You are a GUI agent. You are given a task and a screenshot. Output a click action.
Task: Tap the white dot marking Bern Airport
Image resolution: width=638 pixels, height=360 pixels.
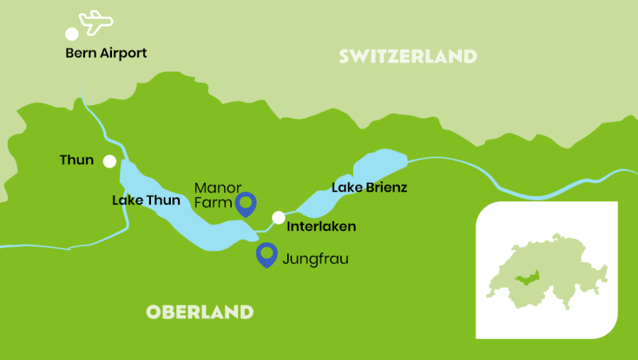coord(72,34)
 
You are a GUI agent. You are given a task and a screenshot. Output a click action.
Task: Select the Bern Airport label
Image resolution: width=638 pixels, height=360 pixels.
coord(106,53)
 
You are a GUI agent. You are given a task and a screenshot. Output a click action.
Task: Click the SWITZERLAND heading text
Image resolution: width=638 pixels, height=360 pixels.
coord(408,56)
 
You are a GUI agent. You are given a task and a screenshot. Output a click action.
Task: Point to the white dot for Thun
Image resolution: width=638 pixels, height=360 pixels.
coord(109,162)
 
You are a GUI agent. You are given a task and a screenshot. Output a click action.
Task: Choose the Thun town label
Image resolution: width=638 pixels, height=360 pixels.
coord(77,160)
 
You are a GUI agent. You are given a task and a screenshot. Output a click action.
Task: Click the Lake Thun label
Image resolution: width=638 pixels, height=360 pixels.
coord(146,201)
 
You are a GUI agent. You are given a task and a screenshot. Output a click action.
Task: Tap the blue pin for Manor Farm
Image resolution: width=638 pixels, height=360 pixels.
coord(245,203)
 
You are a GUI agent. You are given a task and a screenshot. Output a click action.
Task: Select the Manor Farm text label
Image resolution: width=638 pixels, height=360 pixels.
coord(215,196)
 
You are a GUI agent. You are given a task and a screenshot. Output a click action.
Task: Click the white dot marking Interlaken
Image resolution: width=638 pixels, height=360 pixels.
coord(279,217)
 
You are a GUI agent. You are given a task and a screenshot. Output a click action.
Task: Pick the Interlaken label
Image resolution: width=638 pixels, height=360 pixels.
coord(321,227)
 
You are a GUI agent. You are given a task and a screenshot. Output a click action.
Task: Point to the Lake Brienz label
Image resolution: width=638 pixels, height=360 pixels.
coord(369,188)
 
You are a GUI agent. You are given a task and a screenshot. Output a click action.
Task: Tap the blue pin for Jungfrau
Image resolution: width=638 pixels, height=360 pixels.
coord(267,254)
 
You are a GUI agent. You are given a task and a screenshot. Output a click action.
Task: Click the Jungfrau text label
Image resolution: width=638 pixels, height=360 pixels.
coord(315,259)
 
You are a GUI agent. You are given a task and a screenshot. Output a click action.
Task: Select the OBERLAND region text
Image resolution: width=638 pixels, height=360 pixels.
coord(199,312)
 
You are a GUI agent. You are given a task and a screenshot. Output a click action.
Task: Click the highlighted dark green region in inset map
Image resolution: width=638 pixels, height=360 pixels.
coord(529,279)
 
